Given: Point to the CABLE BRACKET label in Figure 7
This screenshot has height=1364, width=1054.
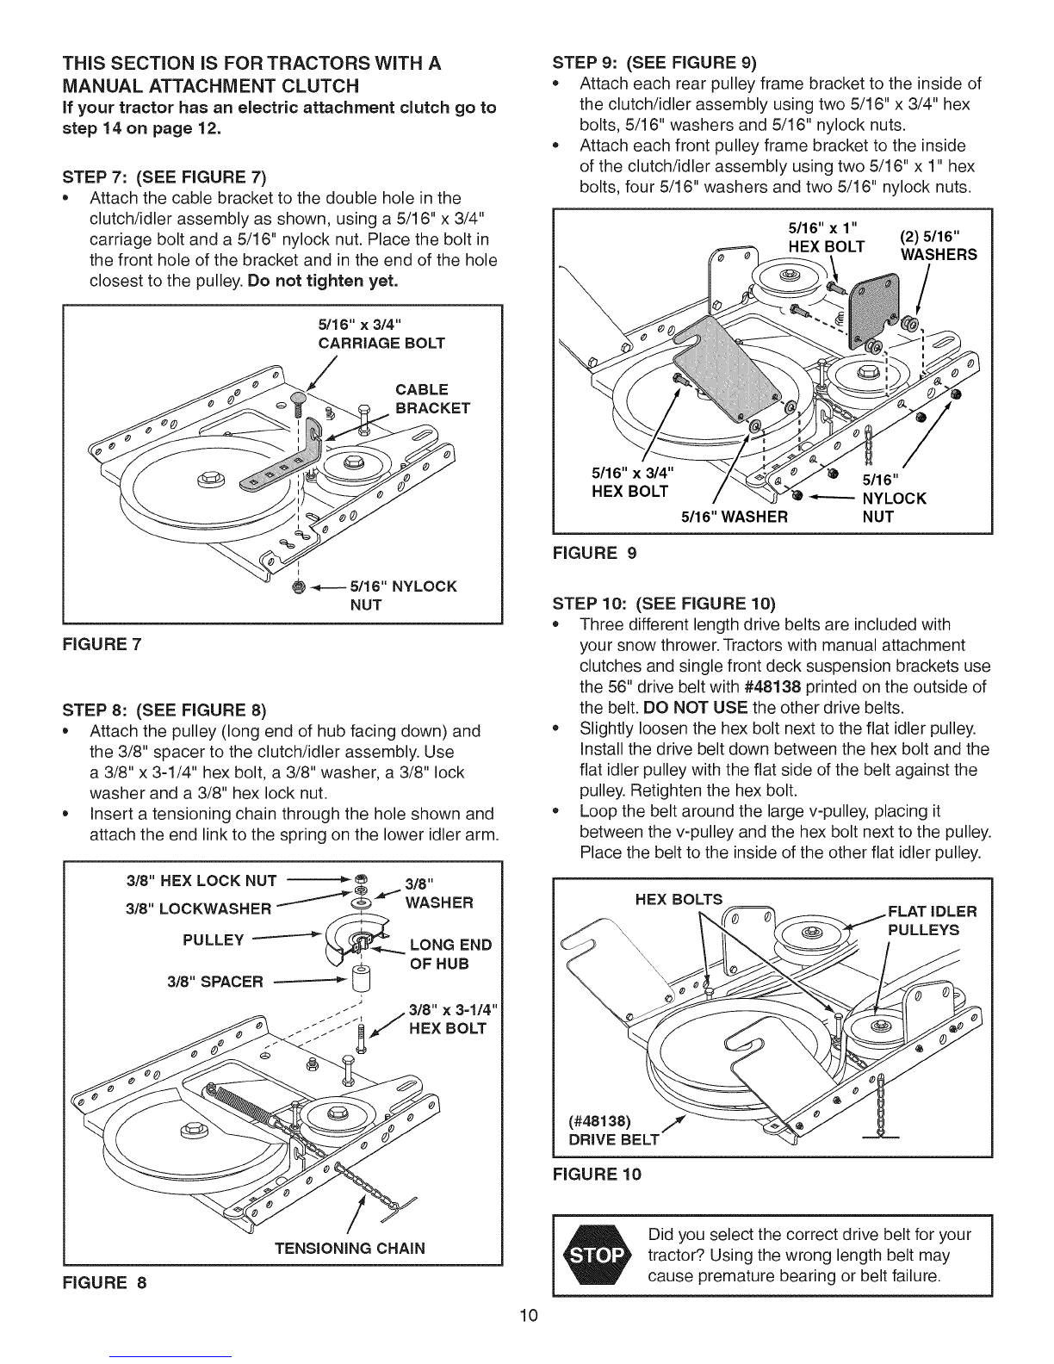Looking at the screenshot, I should (432, 397).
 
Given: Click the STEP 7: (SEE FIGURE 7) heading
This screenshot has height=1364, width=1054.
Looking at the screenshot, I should (163, 178).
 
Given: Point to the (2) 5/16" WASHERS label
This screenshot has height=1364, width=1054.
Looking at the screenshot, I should (938, 245).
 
